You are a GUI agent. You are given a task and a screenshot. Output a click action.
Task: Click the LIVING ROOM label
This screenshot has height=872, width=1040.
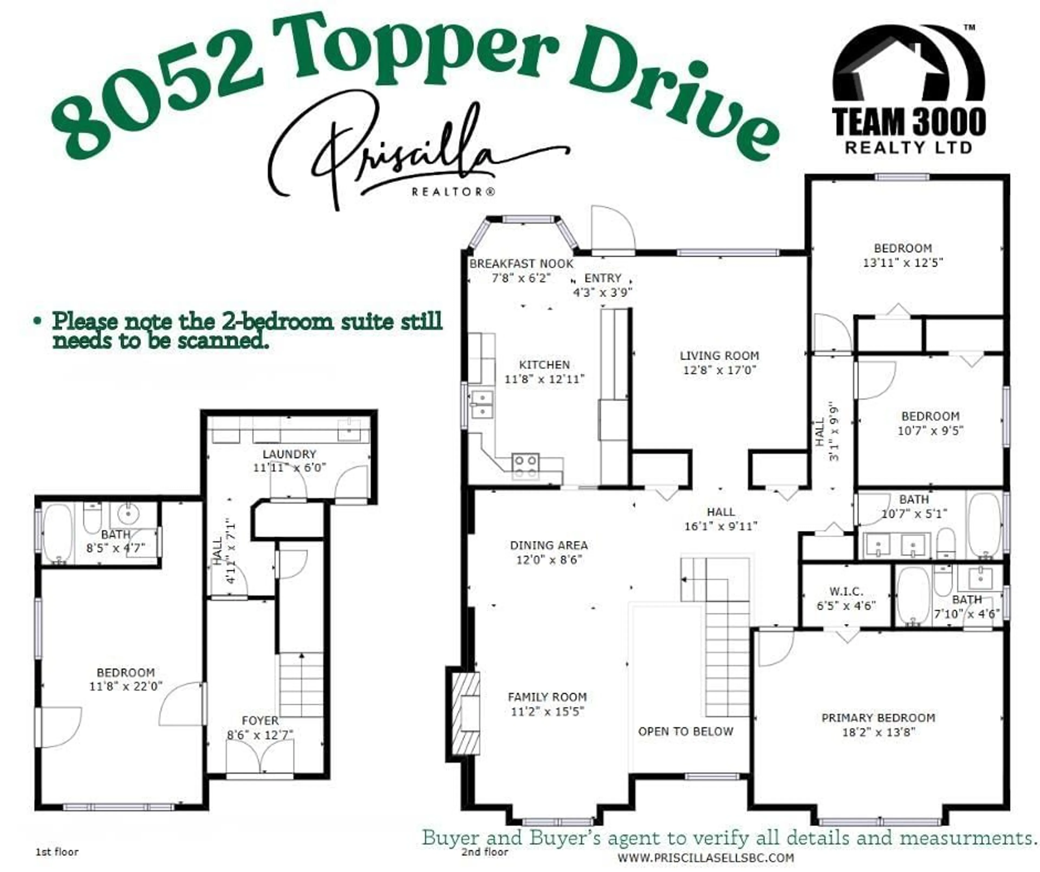(x=719, y=356)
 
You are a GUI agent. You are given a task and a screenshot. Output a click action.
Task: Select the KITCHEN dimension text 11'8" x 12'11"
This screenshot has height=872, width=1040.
(x=544, y=379)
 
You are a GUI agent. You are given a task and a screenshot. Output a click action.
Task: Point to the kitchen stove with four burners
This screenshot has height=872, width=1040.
(x=525, y=466)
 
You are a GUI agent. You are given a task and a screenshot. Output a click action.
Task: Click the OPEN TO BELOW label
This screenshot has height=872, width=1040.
(x=685, y=731)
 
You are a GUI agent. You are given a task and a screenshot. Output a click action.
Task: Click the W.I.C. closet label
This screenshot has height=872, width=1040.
(x=846, y=592)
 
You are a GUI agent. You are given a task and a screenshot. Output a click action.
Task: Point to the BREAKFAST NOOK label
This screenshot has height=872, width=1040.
(x=521, y=264)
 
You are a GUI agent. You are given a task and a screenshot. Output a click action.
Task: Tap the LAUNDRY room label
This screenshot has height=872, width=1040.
(x=289, y=454)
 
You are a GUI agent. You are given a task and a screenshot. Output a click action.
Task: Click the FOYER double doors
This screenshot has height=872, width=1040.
(x=259, y=756)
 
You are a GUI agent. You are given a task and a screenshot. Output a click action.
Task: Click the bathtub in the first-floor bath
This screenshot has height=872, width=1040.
(x=57, y=533)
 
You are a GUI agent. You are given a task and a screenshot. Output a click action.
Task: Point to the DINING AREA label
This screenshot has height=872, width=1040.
(x=549, y=545)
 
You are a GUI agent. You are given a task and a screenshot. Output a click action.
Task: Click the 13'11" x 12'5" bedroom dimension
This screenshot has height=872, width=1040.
(x=902, y=262)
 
